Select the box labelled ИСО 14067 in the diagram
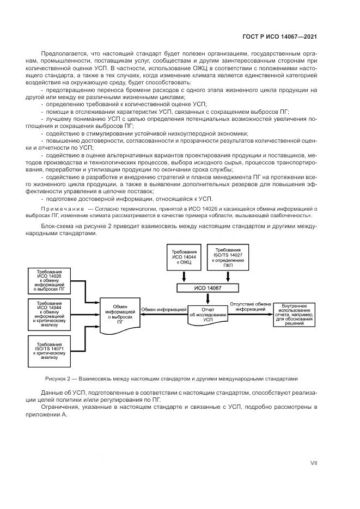(208, 288)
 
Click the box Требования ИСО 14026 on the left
(49, 280)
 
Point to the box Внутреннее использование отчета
(297, 314)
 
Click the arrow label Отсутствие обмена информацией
(251, 306)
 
